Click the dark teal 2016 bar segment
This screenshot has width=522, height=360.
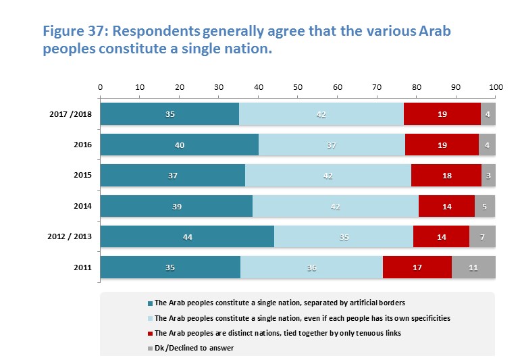pos(179,145)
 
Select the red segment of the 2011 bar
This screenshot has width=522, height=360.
pos(417,267)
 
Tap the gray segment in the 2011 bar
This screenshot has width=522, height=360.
pos(473,267)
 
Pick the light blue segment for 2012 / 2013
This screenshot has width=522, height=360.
pos(343,236)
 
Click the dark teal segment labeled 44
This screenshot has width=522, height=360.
pos(187,236)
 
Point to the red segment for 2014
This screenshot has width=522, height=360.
pos(446,206)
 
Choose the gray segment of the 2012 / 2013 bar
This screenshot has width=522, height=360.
pos(482,236)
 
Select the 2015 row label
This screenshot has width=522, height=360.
pos(82,176)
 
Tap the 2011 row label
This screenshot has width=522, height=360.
pos(82,267)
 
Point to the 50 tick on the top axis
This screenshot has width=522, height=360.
pos(298,88)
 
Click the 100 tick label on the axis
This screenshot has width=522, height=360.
pos(496,88)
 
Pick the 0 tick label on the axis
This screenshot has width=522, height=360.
pos(101,88)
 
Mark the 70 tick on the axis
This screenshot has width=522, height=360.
pos(377,88)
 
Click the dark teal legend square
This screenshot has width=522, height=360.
pos(150,303)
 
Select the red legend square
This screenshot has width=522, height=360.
pos(150,333)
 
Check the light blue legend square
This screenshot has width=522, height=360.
pos(150,318)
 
